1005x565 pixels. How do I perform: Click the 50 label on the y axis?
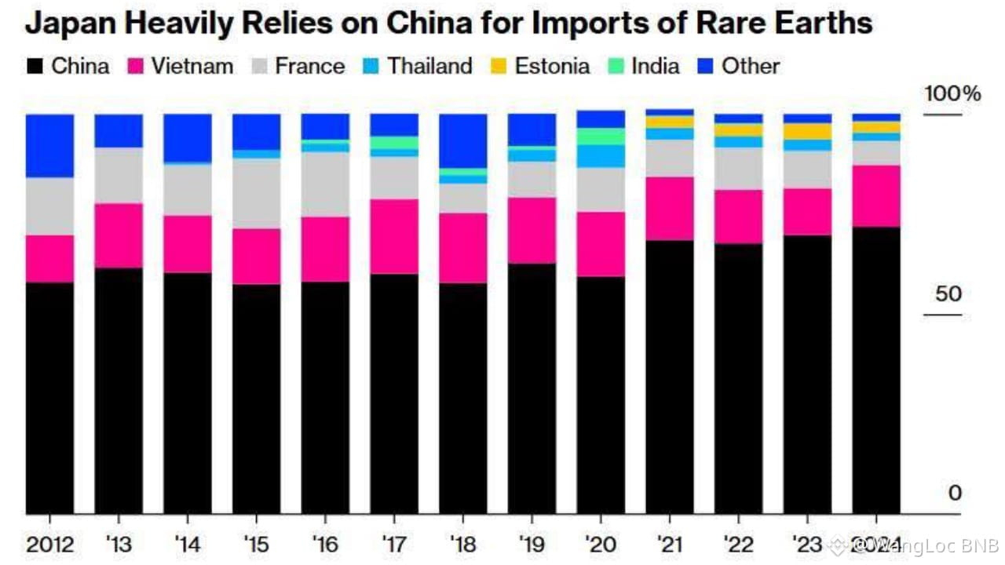948,294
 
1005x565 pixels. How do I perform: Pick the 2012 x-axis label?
49,543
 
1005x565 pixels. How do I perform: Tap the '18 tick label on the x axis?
462,543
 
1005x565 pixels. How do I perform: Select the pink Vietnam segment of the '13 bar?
119,235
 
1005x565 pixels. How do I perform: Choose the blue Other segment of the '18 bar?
462,141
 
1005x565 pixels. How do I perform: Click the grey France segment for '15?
256,194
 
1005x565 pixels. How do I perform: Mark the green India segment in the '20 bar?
601,137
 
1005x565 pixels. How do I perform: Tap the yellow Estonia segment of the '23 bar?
807,131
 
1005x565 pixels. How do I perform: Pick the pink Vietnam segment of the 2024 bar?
876,196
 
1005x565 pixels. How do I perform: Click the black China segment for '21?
670,377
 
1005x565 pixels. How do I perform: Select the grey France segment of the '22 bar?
738,169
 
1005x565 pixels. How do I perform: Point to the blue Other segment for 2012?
49,146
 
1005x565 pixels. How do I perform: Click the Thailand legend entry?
417,66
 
